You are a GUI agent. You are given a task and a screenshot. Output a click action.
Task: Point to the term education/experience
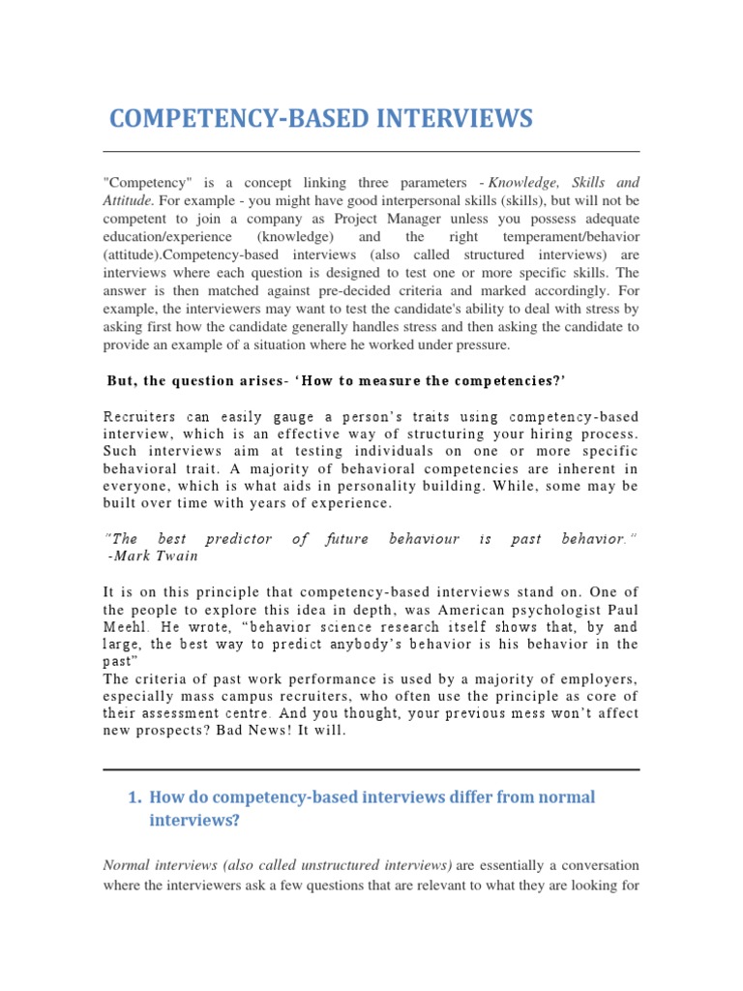pos(166,237)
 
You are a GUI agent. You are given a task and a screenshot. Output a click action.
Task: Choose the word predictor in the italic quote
pos(240,538)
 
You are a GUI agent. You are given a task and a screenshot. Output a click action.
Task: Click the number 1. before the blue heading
pos(134,797)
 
